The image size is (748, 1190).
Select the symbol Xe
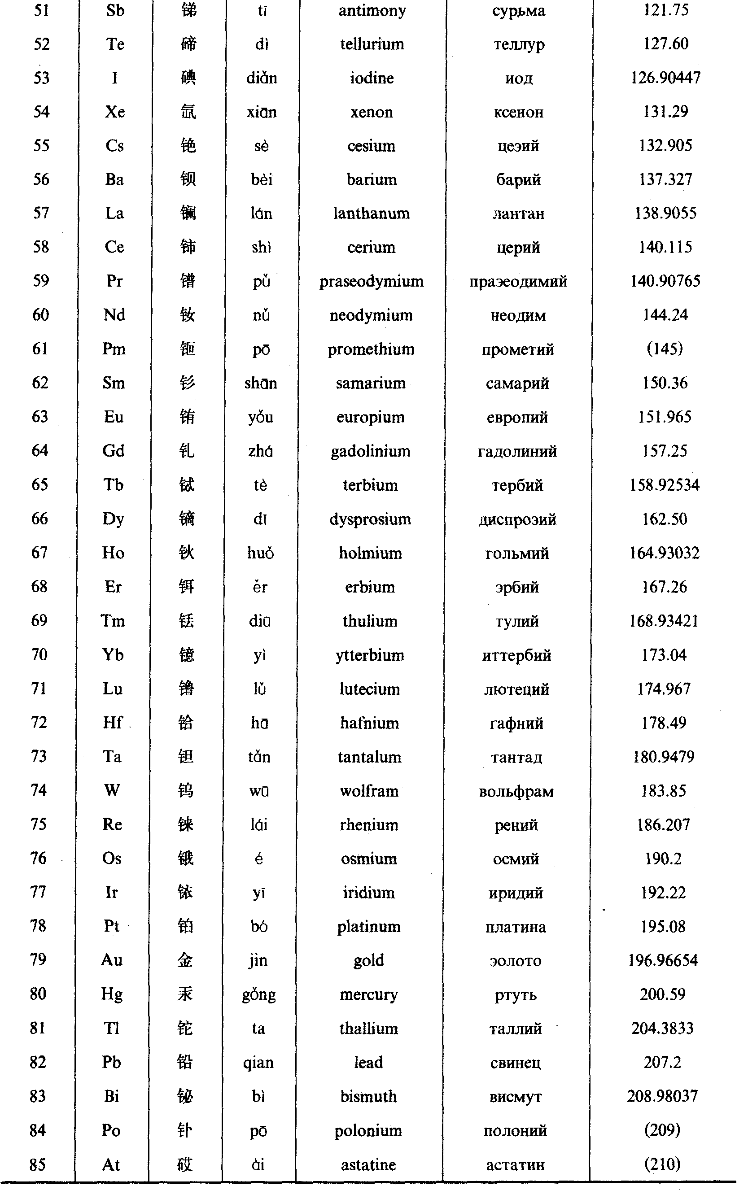pyautogui.click(x=115, y=112)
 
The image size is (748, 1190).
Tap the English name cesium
pyautogui.click(x=371, y=146)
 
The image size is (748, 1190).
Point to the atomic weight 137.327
pyautogui.click(x=665, y=179)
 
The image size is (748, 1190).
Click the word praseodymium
pyautogui.click(x=371, y=282)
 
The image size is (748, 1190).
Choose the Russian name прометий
pyautogui.click(x=518, y=349)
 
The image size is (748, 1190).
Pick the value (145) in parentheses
pyautogui.click(x=665, y=349)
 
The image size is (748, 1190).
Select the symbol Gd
pyautogui.click(x=113, y=451)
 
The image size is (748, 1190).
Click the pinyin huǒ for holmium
pyautogui.click(x=261, y=553)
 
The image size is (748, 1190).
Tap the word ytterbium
pyautogui.click(x=370, y=655)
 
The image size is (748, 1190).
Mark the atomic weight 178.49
pyautogui.click(x=664, y=723)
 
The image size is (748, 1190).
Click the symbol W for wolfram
pyautogui.click(x=112, y=791)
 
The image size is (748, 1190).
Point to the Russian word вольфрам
pyautogui.click(x=516, y=791)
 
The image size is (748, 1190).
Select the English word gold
pyautogui.click(x=369, y=960)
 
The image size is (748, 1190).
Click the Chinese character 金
pyautogui.click(x=185, y=960)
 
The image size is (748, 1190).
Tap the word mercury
pyautogui.click(x=369, y=994)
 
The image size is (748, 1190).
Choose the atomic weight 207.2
pyautogui.click(x=662, y=1062)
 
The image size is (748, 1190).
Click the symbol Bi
pyautogui.click(x=111, y=1096)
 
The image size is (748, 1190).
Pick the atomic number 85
pyautogui.click(x=38, y=1164)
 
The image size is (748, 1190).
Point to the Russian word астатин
pyautogui.click(x=515, y=1165)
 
